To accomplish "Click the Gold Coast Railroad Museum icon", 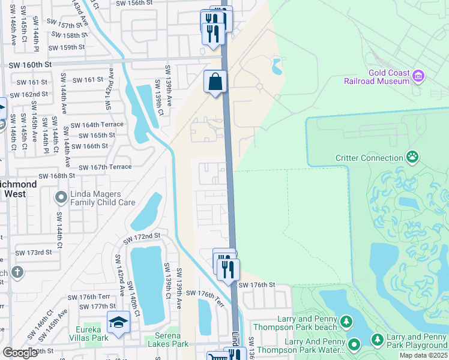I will [418, 76].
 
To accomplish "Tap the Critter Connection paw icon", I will [412, 158].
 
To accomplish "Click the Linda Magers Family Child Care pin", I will [61, 197].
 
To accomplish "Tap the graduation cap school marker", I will [118, 322].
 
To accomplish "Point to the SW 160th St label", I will [31, 65].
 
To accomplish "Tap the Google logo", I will [20, 353].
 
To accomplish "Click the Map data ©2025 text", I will [424, 355].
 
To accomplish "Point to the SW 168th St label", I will [56, 176].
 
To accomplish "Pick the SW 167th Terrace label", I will [105, 167].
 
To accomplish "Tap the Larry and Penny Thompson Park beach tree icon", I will [346, 322].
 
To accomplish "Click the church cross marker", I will [17, 272].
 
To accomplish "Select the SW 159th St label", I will [67, 47].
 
